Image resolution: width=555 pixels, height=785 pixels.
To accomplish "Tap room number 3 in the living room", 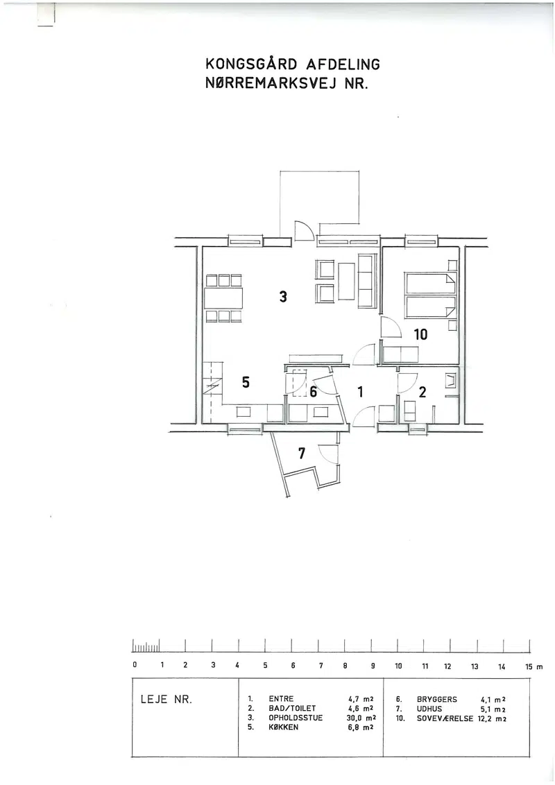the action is pos(283,297).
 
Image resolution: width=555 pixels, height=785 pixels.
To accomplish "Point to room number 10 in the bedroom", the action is pos(420,334).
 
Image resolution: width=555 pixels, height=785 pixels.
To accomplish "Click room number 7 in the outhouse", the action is pos(301,454).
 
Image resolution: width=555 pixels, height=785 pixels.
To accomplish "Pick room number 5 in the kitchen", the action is pos(246,382).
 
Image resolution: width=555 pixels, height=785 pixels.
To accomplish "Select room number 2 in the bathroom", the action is pos(422,392).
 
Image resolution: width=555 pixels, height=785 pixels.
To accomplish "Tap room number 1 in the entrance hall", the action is pos(360,392).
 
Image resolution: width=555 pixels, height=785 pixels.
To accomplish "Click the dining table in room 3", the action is pos(223,298).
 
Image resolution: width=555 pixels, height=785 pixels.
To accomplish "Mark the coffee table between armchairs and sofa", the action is pos(347,281).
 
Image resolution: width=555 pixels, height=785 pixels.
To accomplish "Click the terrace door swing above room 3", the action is pos(304,230).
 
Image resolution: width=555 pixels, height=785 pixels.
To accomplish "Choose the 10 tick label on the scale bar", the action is pos(398,666).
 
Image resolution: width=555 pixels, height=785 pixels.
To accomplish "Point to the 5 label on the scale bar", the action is pos(265,666).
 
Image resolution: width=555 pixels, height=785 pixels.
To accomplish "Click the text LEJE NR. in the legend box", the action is pos(166,700).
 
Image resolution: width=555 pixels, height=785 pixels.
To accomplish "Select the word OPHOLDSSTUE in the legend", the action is pos(296,718).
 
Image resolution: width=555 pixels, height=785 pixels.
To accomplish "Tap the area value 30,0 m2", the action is pos(361,718).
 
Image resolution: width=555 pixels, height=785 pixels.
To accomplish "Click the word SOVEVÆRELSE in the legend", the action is pos(445,718).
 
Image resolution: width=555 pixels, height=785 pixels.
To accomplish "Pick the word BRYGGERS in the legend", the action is pos(437,700).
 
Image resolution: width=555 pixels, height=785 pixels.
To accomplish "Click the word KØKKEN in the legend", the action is pos(284,727).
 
